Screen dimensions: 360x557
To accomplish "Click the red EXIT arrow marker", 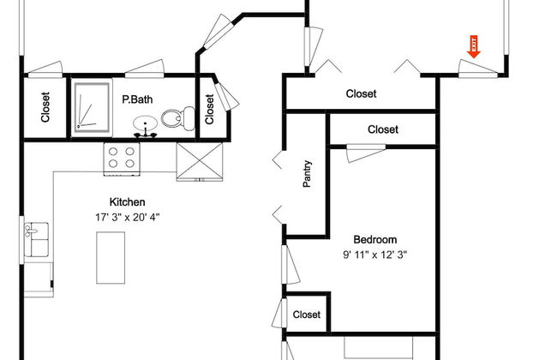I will tap(472, 46).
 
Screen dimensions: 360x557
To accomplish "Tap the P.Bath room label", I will tap(136, 99).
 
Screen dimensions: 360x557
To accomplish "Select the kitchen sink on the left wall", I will tap(35, 239).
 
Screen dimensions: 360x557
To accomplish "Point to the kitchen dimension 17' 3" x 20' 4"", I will tap(128, 217).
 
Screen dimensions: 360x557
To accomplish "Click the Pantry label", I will tap(307, 174).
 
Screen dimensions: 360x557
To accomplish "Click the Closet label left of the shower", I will tap(45, 107).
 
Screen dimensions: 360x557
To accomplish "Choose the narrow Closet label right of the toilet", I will tap(211, 107).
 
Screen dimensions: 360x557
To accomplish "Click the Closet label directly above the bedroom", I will tap(382, 129).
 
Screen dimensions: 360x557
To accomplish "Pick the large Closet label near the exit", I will tap(361, 93).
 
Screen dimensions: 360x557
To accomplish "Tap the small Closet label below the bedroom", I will tap(306, 315).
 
